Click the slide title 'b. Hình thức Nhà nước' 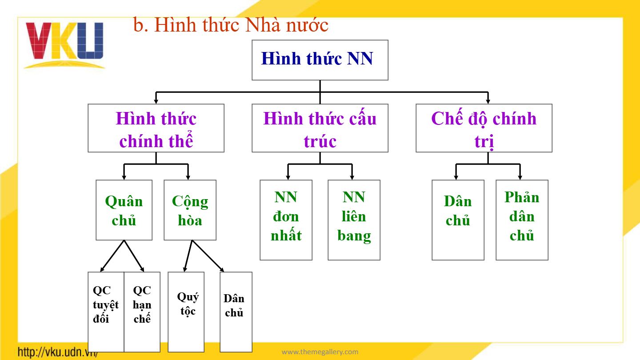[x=231, y=25]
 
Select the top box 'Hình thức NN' [x=320, y=60]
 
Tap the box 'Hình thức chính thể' [x=156, y=128]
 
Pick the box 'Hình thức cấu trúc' [x=320, y=128]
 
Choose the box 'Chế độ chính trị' [x=484, y=128]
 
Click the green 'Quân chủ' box [x=124, y=210]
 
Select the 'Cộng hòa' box [x=190, y=210]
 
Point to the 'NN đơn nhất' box [x=286, y=220]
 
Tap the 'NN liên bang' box [x=354, y=220]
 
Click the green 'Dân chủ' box [x=458, y=220]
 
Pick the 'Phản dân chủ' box [x=522, y=220]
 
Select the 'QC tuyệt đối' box [x=106, y=312]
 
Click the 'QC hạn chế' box [x=142, y=312]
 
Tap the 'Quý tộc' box [x=186, y=312]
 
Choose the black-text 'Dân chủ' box [x=236, y=312]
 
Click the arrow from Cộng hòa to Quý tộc [x=188, y=256]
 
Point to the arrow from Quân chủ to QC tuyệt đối [x=112, y=256]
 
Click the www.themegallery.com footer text [x=320, y=352]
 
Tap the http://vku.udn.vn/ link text [x=58, y=352]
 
